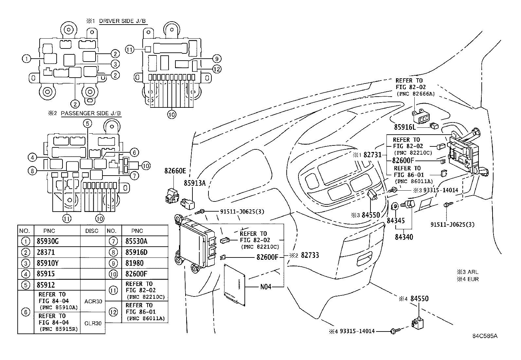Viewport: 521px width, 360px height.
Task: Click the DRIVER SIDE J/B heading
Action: tap(123, 21)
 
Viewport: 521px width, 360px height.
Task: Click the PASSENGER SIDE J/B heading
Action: tap(91, 113)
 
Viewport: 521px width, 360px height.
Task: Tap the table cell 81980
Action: tap(134, 263)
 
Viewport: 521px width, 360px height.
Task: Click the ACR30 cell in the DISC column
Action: tap(93, 301)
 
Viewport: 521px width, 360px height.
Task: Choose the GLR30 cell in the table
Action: tap(93, 323)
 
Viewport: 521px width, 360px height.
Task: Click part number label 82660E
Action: tap(175, 171)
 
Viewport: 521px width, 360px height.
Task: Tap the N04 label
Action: tap(266, 287)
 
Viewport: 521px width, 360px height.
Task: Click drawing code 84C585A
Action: tap(485, 336)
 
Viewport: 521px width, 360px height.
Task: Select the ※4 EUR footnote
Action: tap(468, 279)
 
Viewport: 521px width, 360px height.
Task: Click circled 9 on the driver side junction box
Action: tap(216, 59)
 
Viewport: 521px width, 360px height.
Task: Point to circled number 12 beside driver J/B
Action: tap(216, 69)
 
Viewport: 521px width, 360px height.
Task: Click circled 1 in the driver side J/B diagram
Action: tap(26, 59)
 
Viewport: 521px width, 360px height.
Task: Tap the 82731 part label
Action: tap(372, 155)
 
